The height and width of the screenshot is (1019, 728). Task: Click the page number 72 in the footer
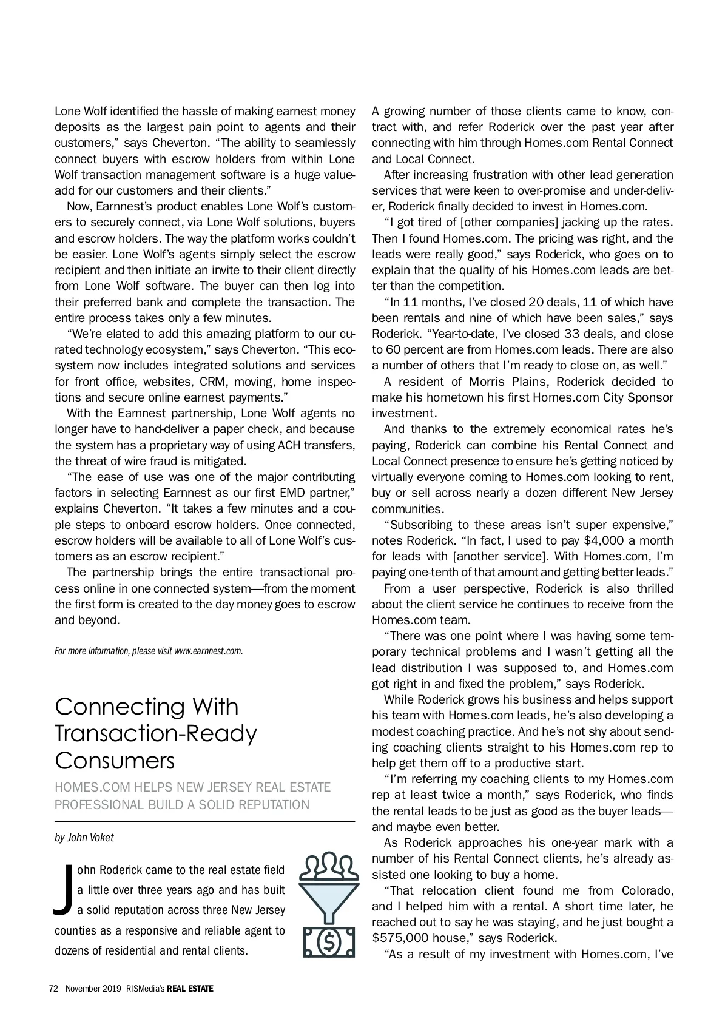tap(53, 989)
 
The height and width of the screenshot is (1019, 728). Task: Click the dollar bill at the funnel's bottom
tap(329, 941)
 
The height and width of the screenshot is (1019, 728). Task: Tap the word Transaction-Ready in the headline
tap(156, 733)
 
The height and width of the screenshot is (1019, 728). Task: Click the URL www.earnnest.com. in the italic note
tap(209, 651)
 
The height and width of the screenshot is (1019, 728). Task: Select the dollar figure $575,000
tap(397, 938)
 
